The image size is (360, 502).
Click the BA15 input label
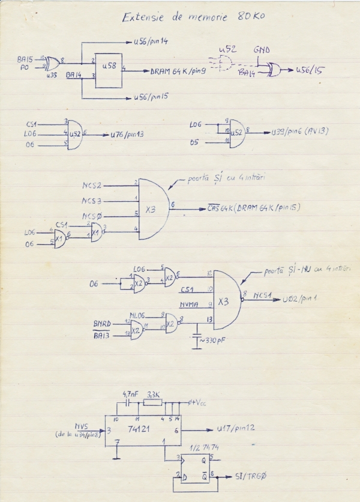tap(25, 59)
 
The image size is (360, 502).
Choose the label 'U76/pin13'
tap(128, 136)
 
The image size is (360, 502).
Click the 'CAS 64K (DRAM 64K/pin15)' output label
tap(253, 208)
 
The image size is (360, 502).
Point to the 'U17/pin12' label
tap(235, 429)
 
